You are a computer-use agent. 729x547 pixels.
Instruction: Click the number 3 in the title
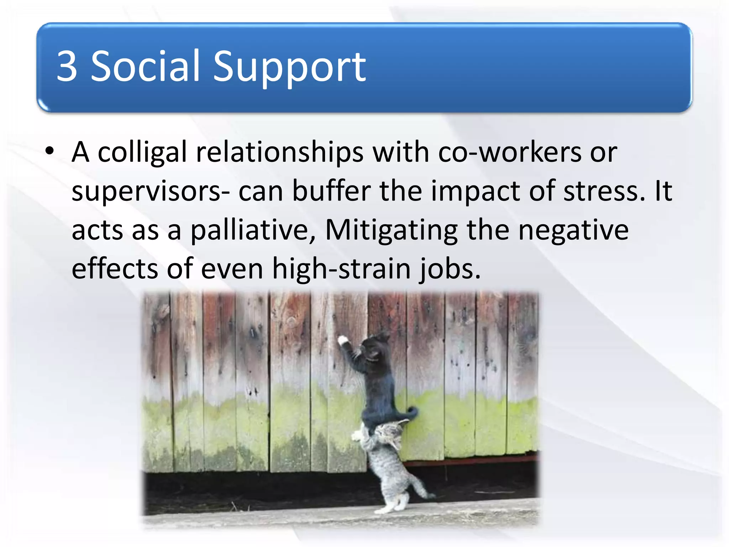(x=67, y=66)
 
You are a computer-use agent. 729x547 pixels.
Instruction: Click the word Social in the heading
(x=145, y=66)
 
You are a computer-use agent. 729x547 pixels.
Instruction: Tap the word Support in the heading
(x=289, y=68)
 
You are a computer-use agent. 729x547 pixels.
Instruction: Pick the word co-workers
(x=510, y=152)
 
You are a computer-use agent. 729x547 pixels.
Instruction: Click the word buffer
(x=331, y=191)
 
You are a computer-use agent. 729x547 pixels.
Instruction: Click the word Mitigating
(x=391, y=231)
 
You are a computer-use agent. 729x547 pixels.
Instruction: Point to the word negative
(x=573, y=231)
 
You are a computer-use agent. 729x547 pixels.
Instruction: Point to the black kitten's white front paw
(x=343, y=340)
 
